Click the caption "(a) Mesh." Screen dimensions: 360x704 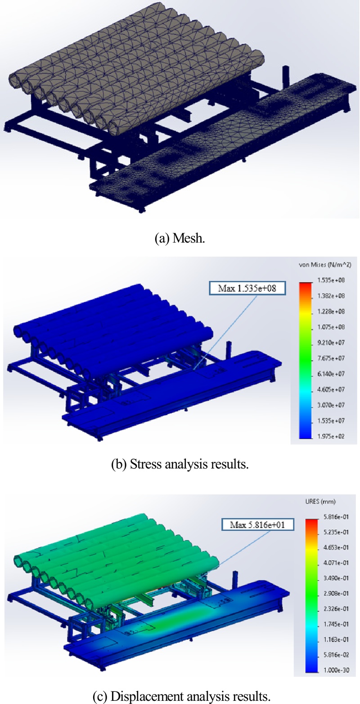[x=180, y=239]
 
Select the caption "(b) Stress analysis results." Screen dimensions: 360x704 [x=180, y=464]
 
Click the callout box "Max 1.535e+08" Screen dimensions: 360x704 [x=247, y=288]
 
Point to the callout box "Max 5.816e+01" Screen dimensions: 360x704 [x=257, y=524]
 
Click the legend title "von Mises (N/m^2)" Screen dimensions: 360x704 [x=325, y=265]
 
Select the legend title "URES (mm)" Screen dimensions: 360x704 [x=320, y=501]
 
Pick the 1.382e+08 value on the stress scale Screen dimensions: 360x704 [x=331, y=296]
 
